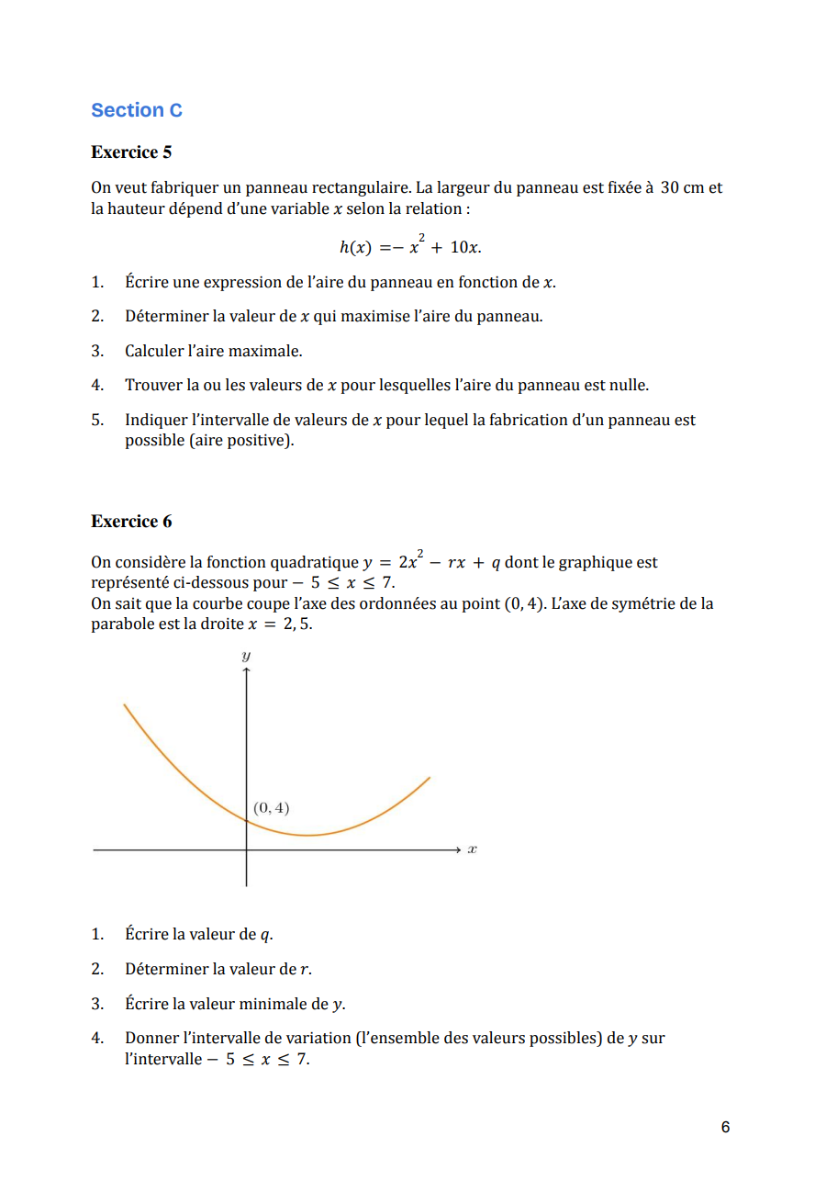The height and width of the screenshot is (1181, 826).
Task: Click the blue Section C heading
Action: click(137, 110)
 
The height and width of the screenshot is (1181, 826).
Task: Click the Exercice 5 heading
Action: click(131, 152)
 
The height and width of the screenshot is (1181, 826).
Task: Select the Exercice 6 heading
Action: click(131, 522)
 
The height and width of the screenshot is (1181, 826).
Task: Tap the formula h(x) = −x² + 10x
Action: click(410, 247)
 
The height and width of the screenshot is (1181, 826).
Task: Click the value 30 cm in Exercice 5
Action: click(681, 187)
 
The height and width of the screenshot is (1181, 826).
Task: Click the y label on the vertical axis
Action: click(246, 656)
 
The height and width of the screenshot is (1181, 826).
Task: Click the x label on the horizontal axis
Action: click(472, 850)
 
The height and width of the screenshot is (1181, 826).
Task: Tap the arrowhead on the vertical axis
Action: click(246, 671)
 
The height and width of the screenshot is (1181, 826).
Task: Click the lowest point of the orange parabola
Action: click(309, 836)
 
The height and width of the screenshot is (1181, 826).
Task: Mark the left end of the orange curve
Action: click(124, 704)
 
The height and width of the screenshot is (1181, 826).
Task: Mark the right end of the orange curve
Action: click(430, 778)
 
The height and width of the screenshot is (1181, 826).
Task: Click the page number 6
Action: click(725, 1127)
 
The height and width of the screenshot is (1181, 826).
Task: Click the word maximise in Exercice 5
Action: click(365, 317)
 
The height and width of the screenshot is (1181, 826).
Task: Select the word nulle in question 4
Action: click(629, 386)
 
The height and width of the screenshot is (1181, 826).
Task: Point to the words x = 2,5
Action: click(281, 624)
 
